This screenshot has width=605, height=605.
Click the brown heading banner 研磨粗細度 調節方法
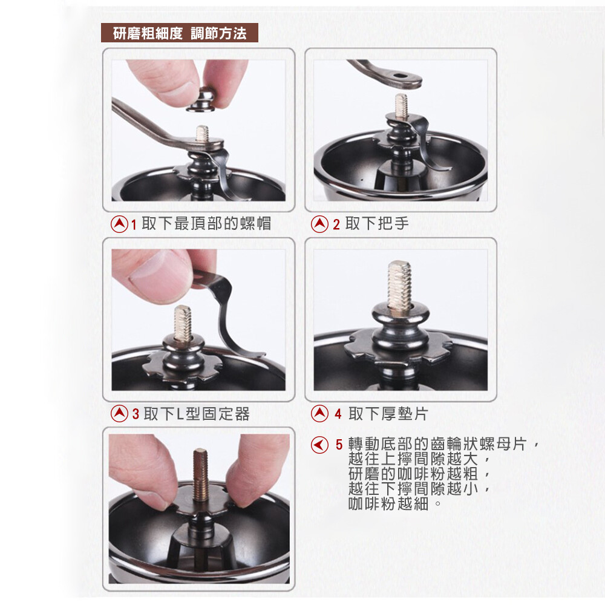point(180,33)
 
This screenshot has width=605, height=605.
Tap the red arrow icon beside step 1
point(119,224)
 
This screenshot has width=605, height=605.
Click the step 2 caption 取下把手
point(376,223)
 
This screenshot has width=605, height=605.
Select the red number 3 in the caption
point(136,414)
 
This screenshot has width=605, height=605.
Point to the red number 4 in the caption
point(338,414)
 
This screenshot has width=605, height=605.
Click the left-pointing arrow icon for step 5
point(320,445)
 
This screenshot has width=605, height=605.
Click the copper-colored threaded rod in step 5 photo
point(201,474)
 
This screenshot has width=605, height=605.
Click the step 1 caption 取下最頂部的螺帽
point(206,223)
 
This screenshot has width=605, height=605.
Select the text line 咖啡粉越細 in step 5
point(388,503)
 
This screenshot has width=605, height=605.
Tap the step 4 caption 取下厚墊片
point(388,414)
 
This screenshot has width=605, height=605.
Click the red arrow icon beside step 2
point(320,224)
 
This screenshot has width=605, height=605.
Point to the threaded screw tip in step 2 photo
point(401,105)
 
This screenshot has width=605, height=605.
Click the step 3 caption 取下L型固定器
point(197,414)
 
